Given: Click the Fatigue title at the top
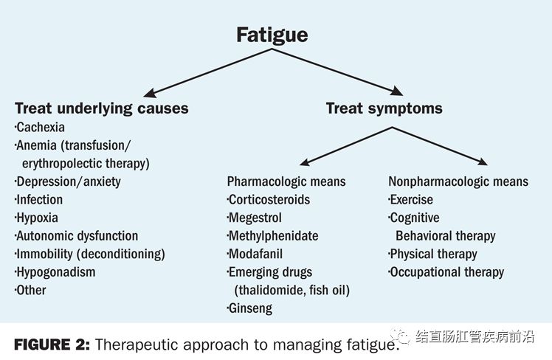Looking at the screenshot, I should click(x=272, y=35).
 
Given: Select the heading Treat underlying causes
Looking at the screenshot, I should click(x=102, y=108).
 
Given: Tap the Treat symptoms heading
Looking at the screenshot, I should click(x=384, y=108).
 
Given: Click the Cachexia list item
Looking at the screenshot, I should click(x=40, y=127).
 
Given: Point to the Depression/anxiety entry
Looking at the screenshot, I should click(x=68, y=181).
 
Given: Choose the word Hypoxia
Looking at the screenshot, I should click(x=37, y=218).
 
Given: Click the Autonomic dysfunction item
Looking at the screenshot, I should click(x=77, y=236).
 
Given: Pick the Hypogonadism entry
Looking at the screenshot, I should click(x=55, y=272).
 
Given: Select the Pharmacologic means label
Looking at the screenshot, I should click(x=286, y=181).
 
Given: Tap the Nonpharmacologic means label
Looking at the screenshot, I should click(x=458, y=181).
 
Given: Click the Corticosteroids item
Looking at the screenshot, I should click(x=269, y=200).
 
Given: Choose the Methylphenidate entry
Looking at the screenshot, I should click(x=274, y=236).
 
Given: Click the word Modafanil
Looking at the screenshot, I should click(x=256, y=255).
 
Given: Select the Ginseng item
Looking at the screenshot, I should click(x=251, y=308).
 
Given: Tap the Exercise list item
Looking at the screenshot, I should click(x=413, y=200).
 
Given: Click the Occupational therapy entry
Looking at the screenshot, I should click(x=447, y=272).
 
